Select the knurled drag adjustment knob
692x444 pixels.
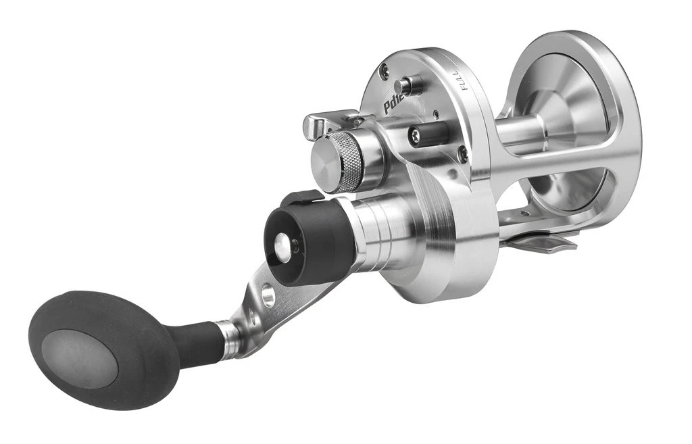(x=345, y=162)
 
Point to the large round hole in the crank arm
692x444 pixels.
(x=269, y=295)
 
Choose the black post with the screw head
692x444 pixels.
(x=428, y=134)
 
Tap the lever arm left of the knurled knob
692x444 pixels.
(x=324, y=123)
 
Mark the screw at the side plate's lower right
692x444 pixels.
(x=462, y=154)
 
